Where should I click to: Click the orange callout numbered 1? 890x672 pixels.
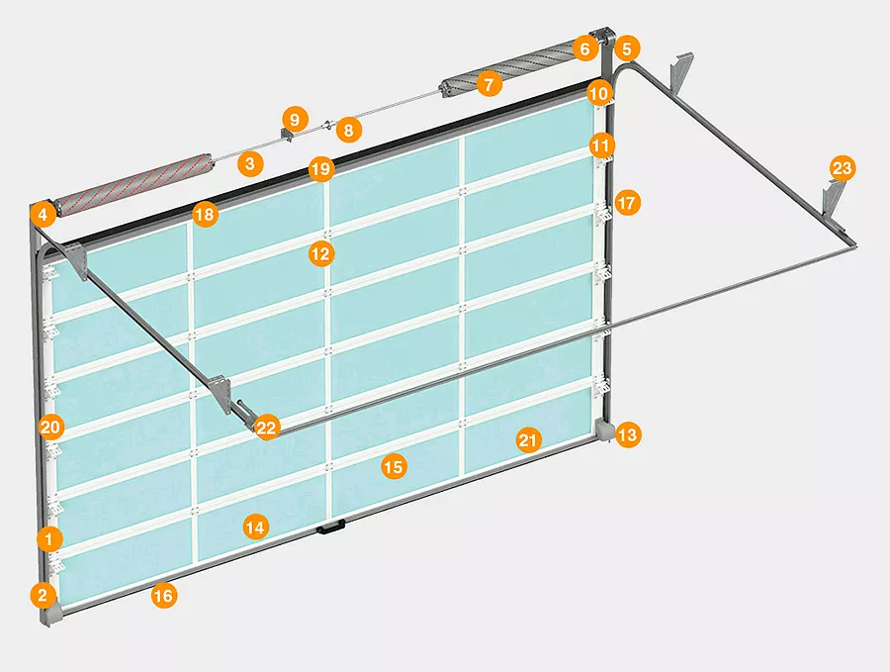click(50, 538)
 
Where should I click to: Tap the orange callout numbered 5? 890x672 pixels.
click(627, 48)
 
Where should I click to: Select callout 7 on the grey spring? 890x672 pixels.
click(489, 85)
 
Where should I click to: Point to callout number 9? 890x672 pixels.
click(295, 120)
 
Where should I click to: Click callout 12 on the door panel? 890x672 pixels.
click(321, 253)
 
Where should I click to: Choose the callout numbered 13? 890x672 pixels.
click(627, 435)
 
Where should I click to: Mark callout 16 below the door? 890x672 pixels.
click(163, 596)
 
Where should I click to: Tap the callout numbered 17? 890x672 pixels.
click(627, 203)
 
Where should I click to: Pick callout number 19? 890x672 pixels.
click(320, 168)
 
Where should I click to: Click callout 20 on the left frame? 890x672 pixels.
click(51, 427)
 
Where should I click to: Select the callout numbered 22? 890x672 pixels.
click(266, 428)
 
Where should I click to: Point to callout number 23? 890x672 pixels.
click(842, 168)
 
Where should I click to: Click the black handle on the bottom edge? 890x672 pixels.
click(328, 528)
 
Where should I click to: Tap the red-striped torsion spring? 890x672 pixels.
click(135, 185)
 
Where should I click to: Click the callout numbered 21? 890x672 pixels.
click(528, 440)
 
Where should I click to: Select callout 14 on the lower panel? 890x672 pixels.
click(255, 528)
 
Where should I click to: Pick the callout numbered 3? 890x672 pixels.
click(250, 163)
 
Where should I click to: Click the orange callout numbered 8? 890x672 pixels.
click(348, 130)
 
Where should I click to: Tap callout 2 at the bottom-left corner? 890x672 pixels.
click(44, 595)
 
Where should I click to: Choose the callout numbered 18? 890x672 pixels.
click(205, 214)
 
